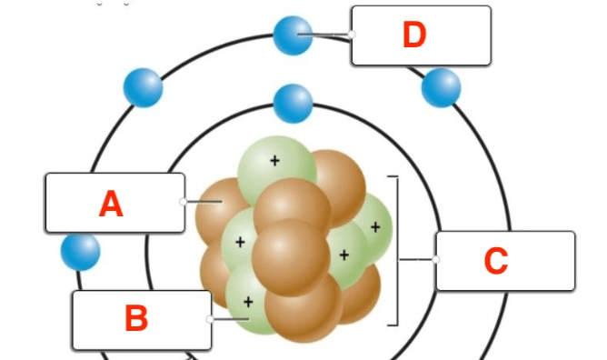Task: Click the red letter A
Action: click(x=111, y=204)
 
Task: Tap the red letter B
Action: click(x=136, y=318)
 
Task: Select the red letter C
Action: click(x=496, y=261)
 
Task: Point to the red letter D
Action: click(x=414, y=35)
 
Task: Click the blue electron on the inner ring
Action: click(x=293, y=104)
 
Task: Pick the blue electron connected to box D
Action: click(x=293, y=35)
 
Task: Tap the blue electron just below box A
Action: click(x=81, y=251)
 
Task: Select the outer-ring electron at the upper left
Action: click(x=144, y=87)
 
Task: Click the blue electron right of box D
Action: click(x=441, y=87)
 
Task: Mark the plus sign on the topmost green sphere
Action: click(x=274, y=161)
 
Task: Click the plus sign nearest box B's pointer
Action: click(x=248, y=302)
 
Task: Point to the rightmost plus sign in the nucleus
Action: click(x=375, y=227)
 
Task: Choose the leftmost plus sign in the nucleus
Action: click(x=240, y=243)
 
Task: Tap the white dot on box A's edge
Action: click(x=184, y=201)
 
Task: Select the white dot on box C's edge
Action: click(x=435, y=259)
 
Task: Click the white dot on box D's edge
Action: click(x=351, y=35)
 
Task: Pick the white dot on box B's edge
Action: click(x=210, y=319)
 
